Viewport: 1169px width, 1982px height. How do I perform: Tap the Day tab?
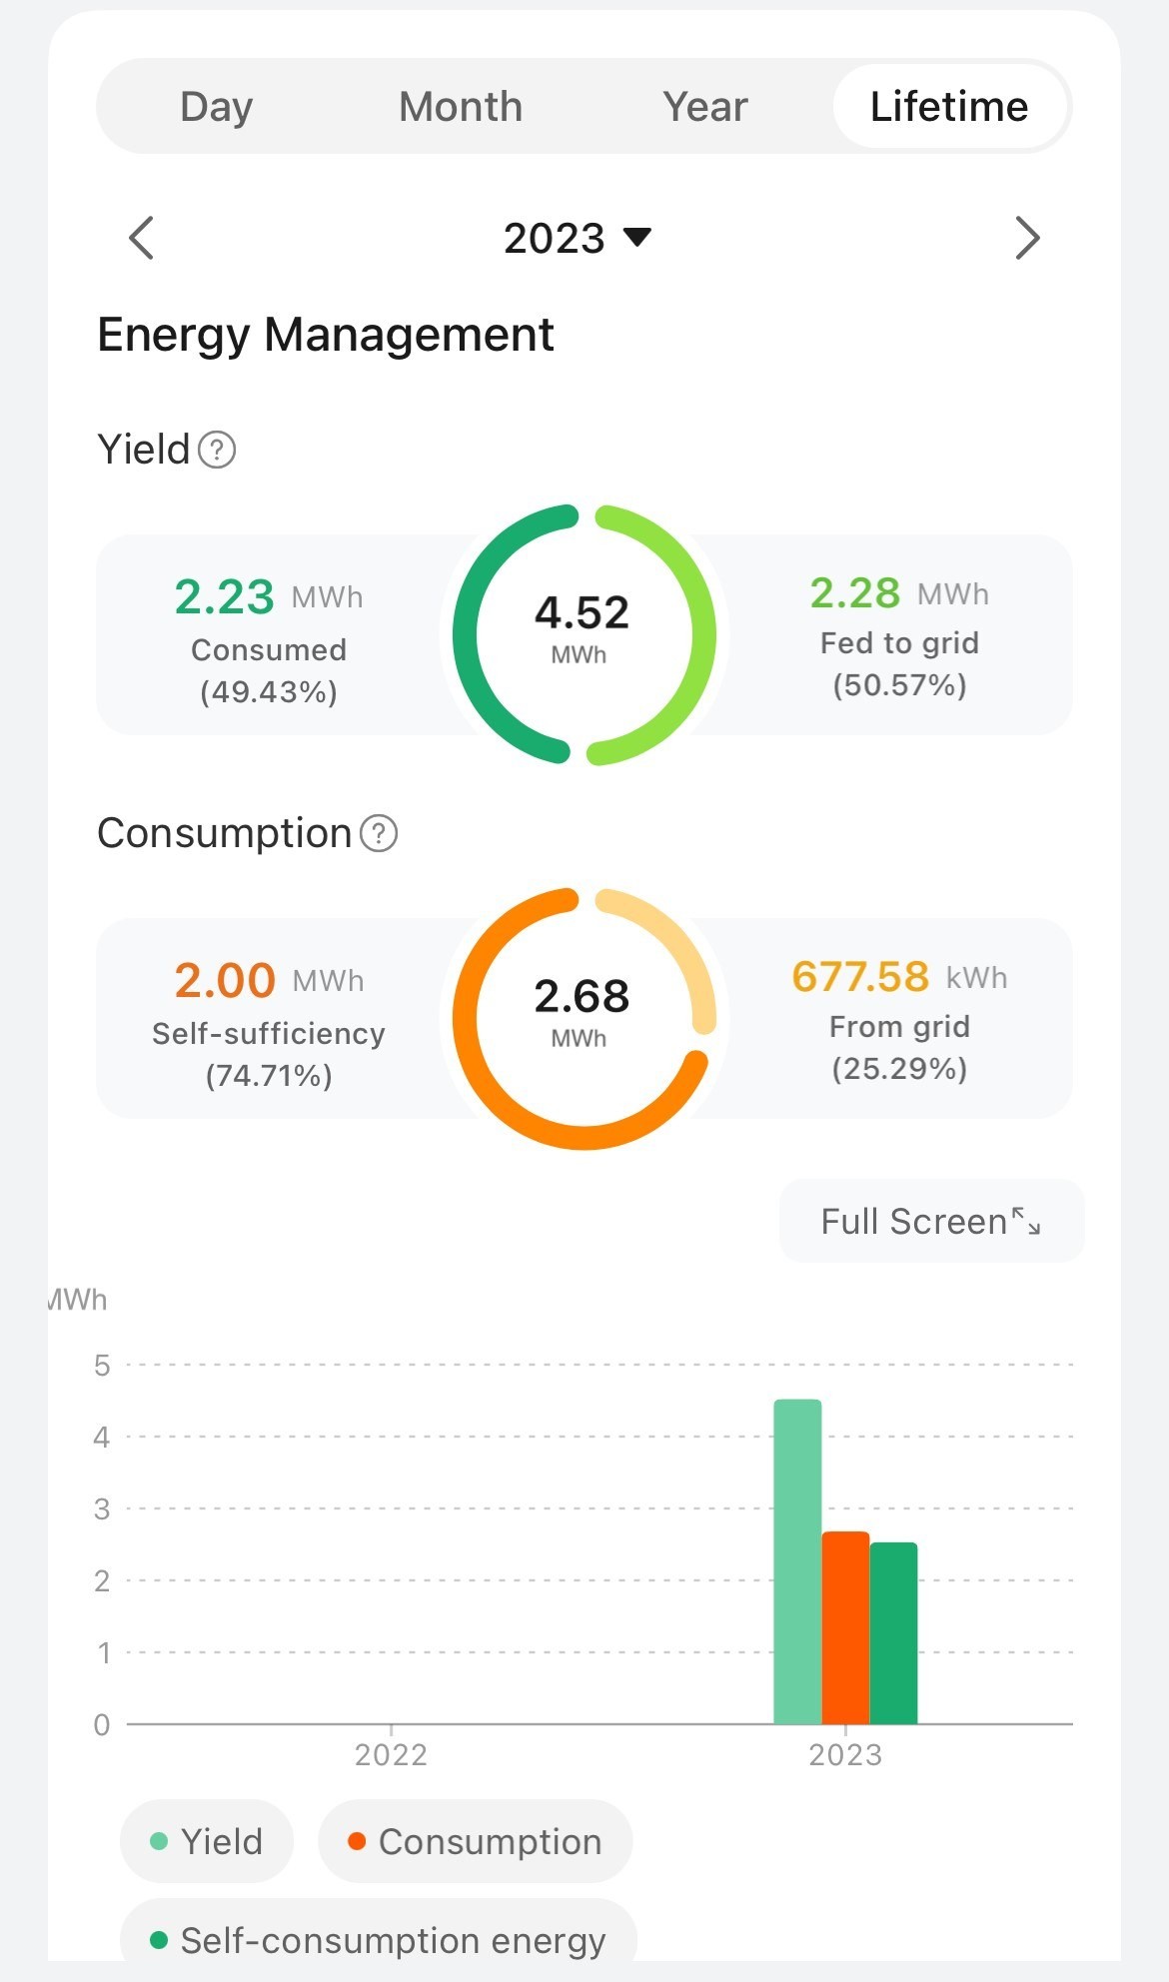[216, 107]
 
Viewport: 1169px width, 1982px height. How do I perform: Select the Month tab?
[461, 107]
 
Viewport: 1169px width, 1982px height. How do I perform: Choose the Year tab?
[704, 107]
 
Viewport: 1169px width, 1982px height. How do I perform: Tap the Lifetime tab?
[949, 107]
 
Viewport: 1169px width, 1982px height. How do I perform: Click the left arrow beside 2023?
[142, 238]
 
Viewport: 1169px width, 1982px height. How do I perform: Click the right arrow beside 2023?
[1027, 238]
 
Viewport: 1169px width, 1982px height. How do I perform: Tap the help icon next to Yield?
[217, 450]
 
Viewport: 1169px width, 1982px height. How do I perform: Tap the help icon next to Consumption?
[379, 833]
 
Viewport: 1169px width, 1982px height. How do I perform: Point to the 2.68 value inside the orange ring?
[583, 997]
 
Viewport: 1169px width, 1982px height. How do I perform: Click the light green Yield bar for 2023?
[797, 1561]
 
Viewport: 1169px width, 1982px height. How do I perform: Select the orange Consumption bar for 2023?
[845, 1627]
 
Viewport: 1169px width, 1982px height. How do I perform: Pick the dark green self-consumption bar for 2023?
[893, 1633]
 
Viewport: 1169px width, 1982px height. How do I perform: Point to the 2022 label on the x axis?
[391, 1755]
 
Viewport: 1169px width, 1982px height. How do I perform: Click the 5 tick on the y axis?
[102, 1366]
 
